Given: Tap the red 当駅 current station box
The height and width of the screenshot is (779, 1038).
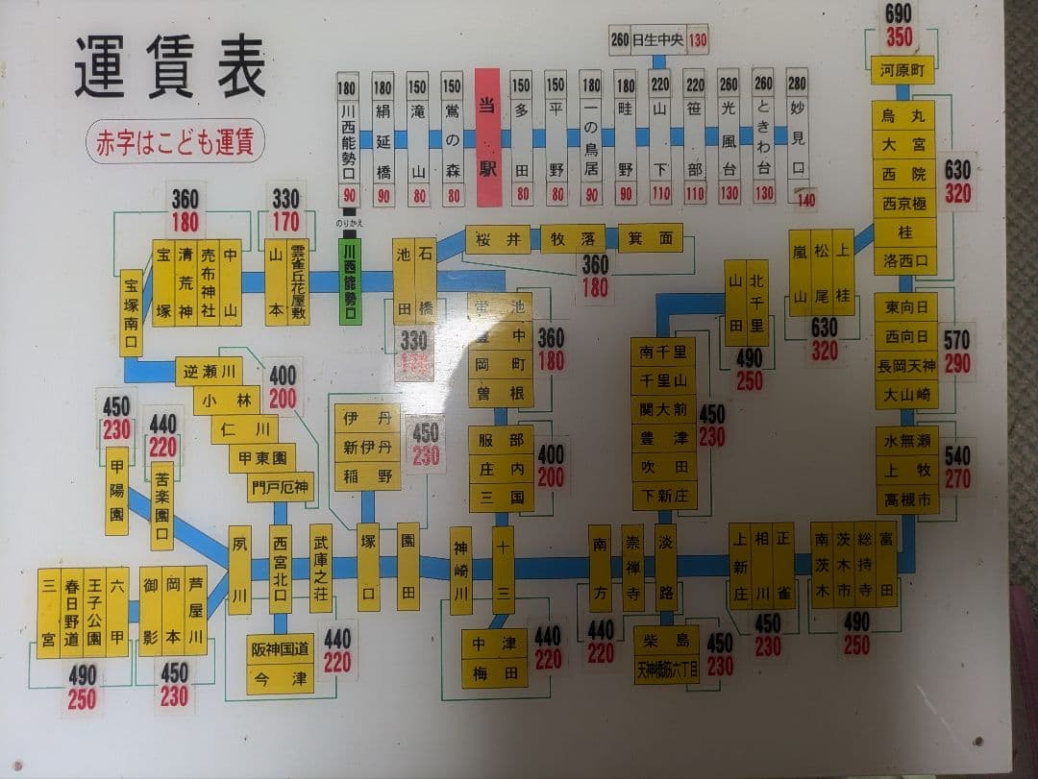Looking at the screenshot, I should pos(488,137).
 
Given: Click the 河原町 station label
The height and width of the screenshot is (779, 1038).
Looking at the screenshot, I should pos(902,70).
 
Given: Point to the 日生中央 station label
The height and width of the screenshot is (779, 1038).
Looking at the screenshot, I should pos(658,40).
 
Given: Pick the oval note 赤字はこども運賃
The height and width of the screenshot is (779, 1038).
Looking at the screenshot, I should pos(175,142).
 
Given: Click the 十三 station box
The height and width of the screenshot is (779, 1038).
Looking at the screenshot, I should pos(503,570).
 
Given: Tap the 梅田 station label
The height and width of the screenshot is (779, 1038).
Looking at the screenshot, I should pos(494,672).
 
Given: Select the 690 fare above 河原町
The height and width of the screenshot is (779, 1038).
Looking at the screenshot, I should pos(899,14).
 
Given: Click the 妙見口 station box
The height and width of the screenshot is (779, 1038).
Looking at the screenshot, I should pos(797,137).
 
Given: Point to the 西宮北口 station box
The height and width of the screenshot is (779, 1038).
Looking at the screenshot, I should pos(280,569).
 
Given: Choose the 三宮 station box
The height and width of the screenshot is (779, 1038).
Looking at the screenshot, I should pos(49,611).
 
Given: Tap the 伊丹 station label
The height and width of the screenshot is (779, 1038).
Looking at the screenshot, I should pos(367,420).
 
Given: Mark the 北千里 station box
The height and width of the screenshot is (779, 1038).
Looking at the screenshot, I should pos(757,303).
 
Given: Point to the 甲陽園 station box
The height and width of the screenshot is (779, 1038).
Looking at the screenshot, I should pos(117,490).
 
